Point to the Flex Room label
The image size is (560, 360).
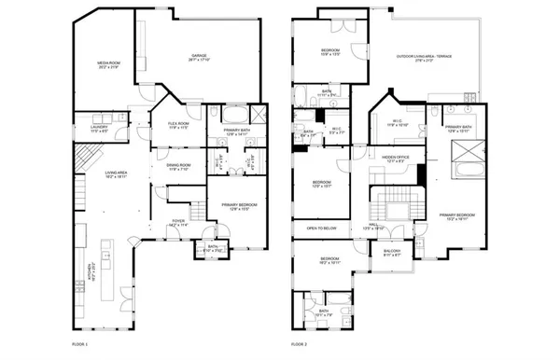178,125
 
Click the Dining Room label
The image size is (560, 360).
178,167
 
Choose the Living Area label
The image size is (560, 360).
116,173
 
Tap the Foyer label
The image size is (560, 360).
177,223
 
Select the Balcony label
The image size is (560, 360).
392,253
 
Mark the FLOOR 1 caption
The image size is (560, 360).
81,344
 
